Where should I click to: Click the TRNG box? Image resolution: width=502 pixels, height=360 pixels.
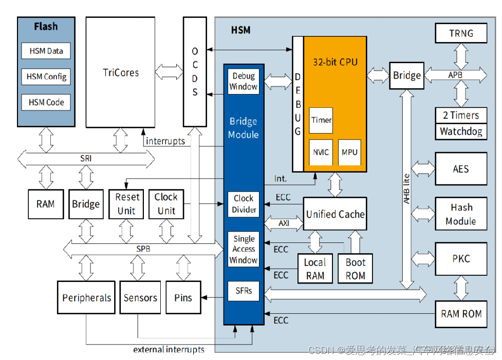pos(461,33)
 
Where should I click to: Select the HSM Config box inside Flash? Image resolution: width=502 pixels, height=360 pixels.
pos(46,77)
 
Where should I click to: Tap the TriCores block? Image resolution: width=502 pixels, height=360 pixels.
pos(121,72)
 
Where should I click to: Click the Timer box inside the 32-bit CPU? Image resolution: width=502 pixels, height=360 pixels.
pos(321,120)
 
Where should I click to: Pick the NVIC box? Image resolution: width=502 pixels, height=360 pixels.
pos(321,152)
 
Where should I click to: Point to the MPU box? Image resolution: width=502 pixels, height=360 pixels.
pos(349,152)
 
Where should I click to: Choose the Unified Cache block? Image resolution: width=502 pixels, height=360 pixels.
pos(335,214)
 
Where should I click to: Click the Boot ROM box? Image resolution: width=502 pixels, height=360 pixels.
pos(355,269)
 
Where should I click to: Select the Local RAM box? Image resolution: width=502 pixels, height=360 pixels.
pos(314,269)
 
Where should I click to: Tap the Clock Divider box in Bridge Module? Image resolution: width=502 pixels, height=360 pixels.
pos(244,204)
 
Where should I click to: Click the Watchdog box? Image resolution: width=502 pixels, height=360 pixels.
pos(461,131)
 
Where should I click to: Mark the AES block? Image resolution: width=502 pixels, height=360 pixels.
pos(461,168)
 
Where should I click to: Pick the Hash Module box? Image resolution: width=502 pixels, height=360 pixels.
pos(461,214)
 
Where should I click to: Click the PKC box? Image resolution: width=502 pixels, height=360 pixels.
pos(461,259)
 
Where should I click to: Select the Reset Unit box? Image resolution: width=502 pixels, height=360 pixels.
pos(127,204)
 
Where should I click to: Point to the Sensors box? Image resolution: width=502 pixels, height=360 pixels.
pos(140,297)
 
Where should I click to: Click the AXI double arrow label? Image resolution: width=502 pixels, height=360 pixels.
pos(284,224)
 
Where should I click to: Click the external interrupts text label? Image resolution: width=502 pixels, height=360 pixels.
pos(169,350)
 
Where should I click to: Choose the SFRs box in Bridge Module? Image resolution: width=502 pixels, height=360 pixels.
pos(244,291)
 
